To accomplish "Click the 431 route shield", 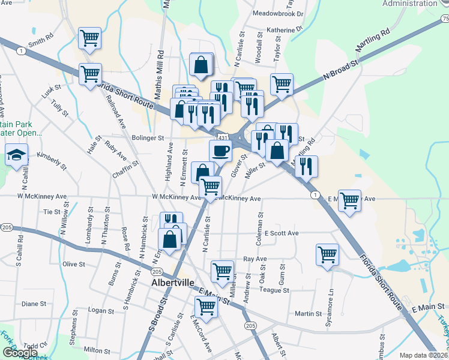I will (x=223, y=137).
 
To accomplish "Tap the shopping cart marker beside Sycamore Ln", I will (x=327, y=254).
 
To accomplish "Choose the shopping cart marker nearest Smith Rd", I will (x=89, y=38).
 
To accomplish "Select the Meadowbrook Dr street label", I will (x=279, y=13).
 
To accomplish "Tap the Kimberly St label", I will (x=51, y=158).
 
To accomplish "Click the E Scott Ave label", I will (x=282, y=233).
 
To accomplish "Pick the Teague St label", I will (x=274, y=290).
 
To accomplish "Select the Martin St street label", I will (x=309, y=314).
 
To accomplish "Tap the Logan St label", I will (x=101, y=311).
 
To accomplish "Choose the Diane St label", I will (x=34, y=304).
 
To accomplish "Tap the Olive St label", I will (x=74, y=264).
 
